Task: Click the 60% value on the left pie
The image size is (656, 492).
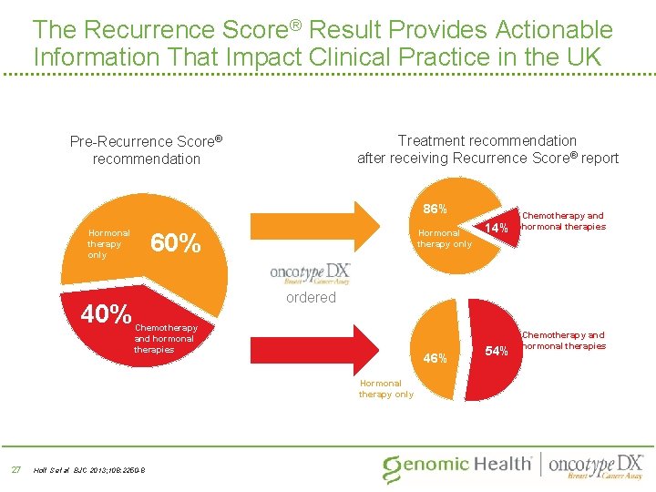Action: tap(175, 243)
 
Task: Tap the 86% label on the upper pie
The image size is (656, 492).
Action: tap(434, 209)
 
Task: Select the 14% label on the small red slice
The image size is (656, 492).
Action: tap(497, 228)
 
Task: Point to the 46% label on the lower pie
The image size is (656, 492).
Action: tap(434, 358)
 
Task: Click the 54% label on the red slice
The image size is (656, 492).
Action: tap(497, 350)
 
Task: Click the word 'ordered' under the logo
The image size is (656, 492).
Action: tap(311, 298)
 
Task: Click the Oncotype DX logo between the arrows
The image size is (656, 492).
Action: tap(311, 273)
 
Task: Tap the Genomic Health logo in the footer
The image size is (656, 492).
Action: tap(456, 465)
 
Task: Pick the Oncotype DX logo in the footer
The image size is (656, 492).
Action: tap(596, 465)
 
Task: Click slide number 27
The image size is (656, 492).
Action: tap(15, 469)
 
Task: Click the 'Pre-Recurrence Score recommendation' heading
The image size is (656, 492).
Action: tap(147, 150)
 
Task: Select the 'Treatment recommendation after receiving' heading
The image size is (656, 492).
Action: tap(487, 149)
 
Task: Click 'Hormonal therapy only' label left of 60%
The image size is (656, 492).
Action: tap(108, 243)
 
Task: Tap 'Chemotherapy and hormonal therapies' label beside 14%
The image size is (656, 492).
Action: tap(562, 221)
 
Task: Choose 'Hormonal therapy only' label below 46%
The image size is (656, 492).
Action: tap(385, 389)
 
